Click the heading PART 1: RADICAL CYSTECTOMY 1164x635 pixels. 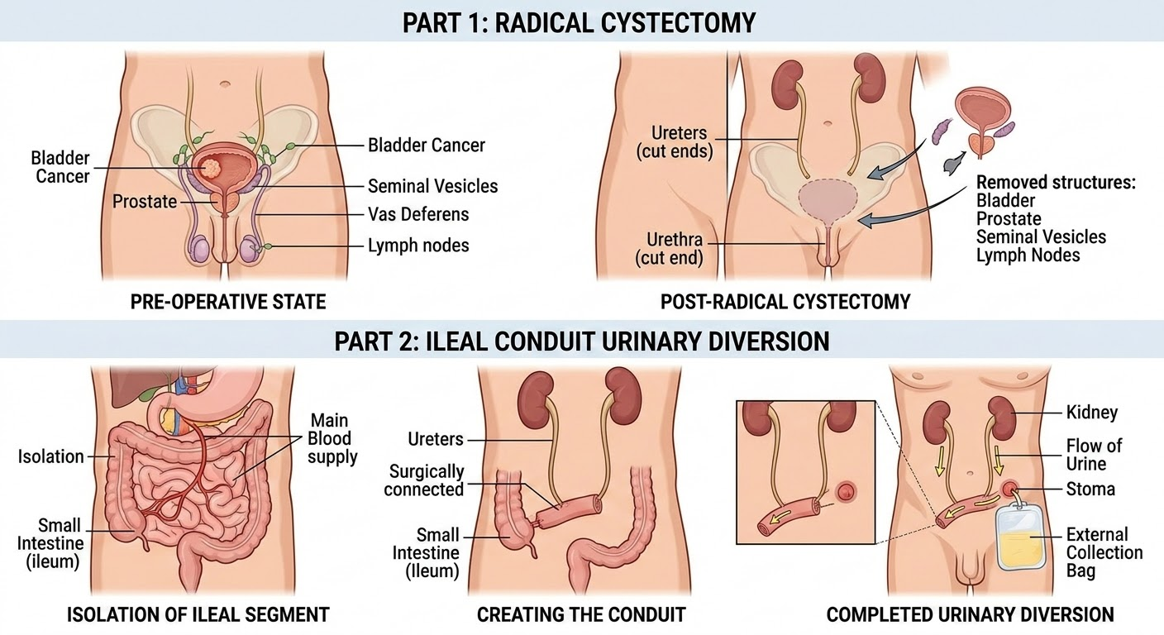pos(579,21)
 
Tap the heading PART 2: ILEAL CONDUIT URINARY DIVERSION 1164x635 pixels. pos(581,341)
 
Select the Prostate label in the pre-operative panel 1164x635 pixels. pos(145,201)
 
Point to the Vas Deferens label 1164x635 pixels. pos(417,214)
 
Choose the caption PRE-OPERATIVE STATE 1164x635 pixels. pos(228,302)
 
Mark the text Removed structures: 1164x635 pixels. pos(1056,183)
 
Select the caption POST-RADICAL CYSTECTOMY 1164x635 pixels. pos(785,302)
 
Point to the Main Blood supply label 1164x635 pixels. pos(330,438)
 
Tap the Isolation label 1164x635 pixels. pos(51,456)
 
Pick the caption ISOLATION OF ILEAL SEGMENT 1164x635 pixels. pos(198,614)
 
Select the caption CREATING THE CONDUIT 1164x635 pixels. pos(581,614)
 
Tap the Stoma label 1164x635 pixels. pos(1090,489)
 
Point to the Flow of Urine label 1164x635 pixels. pos(1094,455)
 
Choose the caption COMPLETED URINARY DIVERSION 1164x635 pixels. pos(970,614)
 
